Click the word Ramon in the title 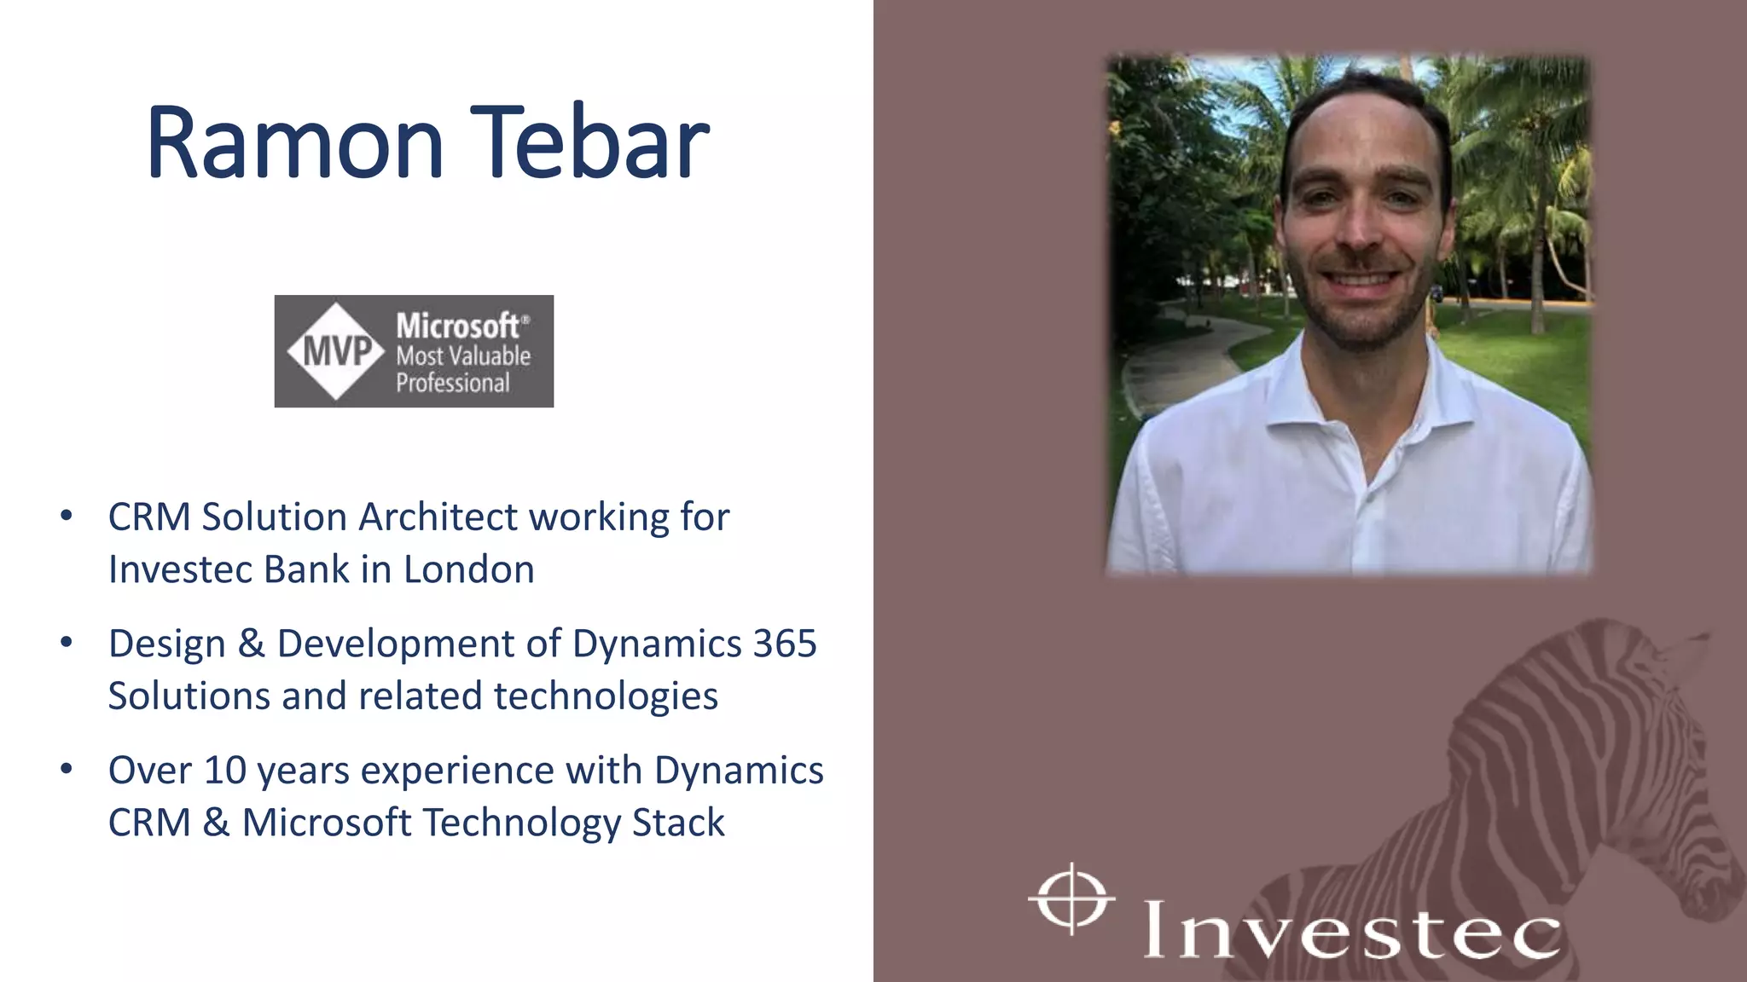coord(294,143)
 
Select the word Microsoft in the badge coord(457,326)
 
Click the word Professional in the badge coord(452,383)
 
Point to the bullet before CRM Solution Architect coord(67,516)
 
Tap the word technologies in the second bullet coord(606,696)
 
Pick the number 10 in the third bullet coord(225,771)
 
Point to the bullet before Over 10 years coord(67,769)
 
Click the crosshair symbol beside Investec coord(1071,898)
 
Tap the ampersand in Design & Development coord(251,644)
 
